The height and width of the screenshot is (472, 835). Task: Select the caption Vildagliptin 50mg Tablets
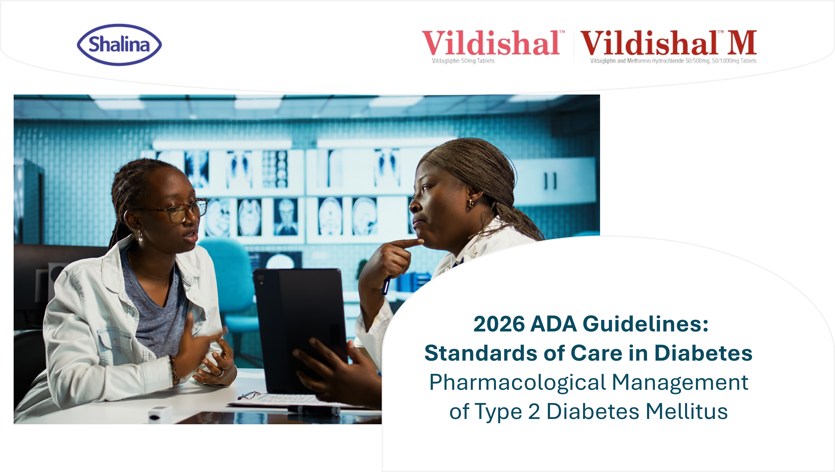point(463,61)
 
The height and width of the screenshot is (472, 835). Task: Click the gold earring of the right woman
point(470,204)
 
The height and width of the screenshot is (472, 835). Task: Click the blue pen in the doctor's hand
point(386,285)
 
